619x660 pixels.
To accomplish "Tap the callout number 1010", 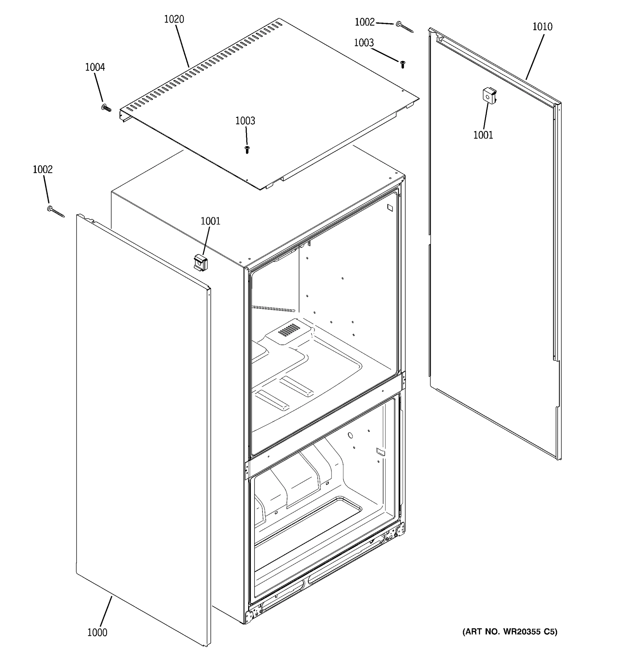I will tap(542, 27).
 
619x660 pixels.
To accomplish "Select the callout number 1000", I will tap(97, 632).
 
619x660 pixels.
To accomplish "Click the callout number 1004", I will tap(95, 67).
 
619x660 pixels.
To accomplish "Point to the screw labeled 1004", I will tap(106, 108).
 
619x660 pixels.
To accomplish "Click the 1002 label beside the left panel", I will tap(43, 170).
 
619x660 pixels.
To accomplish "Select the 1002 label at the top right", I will tap(364, 22).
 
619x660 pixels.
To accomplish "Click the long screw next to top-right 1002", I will tap(404, 27).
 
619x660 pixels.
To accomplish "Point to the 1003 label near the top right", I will tap(364, 43).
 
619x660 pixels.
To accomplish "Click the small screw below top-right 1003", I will tap(402, 64).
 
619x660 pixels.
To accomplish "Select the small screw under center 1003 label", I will tap(247, 150).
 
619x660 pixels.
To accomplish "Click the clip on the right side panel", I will tap(489, 96).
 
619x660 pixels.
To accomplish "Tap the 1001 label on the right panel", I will tap(483, 135).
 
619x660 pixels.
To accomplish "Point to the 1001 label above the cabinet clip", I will tap(210, 221).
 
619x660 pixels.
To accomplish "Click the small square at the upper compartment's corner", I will tap(390, 208).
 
